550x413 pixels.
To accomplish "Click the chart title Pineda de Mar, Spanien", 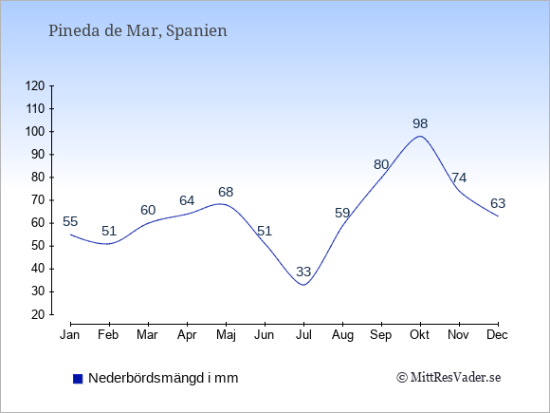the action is (x=137, y=31).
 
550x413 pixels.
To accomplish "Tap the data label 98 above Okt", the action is (x=420, y=123).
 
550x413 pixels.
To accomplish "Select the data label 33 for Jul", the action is (x=303, y=272).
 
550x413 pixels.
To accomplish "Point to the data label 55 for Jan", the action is (x=70, y=221).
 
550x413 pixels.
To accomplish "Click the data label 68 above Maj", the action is (x=226, y=192).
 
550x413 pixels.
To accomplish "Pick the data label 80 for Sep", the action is (x=381, y=164).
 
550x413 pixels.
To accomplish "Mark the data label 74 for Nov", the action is (x=459, y=178).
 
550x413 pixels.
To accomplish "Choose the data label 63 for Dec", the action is (x=498, y=203).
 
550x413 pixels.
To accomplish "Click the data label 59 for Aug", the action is (x=342, y=213).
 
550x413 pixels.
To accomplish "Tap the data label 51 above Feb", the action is (x=109, y=231).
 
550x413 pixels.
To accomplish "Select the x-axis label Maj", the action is (x=226, y=335).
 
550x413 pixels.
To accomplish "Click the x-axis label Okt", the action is (x=420, y=335).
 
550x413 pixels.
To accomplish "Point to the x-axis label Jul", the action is (x=303, y=335).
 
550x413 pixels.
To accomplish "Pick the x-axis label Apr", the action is (x=187, y=335).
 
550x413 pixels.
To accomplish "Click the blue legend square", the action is (x=78, y=379).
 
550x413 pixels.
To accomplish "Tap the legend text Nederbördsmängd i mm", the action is (x=163, y=378).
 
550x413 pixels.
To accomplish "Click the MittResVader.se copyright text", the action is (x=449, y=378).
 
